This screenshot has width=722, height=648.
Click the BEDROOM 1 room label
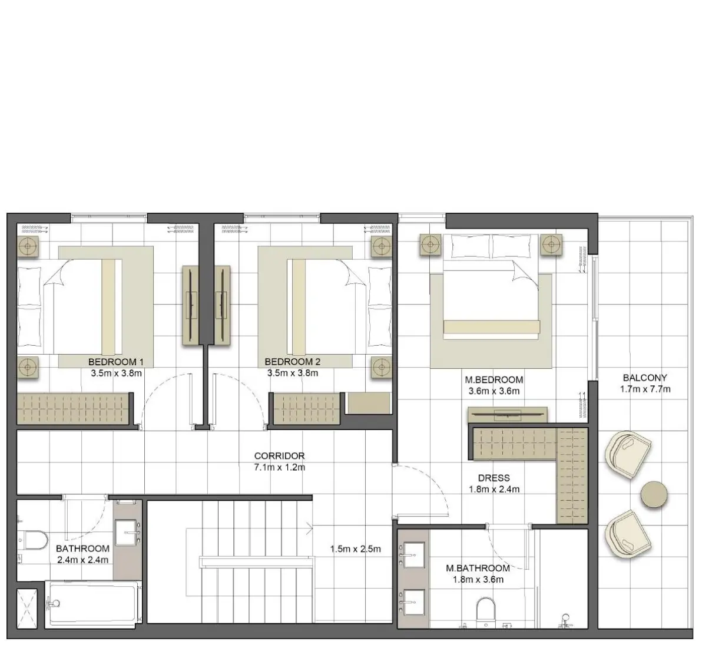116,362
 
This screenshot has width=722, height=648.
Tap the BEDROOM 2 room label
292,362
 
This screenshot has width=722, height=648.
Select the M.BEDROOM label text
494,380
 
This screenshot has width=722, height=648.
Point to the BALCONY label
645,378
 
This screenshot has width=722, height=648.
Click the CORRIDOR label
279,455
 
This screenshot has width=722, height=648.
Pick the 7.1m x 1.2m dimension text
279,467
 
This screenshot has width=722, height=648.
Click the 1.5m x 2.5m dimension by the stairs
355,549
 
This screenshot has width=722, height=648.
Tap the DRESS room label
494,478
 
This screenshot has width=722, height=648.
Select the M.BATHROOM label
478,568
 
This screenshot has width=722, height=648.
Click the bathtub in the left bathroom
93,603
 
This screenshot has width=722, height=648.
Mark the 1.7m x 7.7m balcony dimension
645,389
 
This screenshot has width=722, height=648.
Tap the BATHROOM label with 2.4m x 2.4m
82,548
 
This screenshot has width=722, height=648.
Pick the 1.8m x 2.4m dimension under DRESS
494,489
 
